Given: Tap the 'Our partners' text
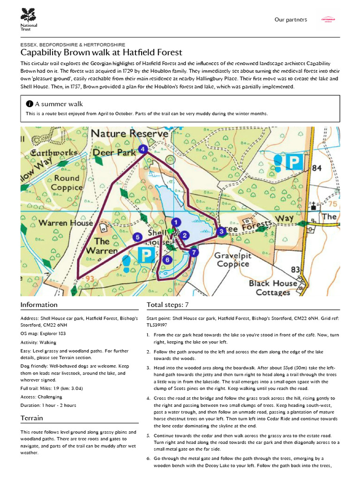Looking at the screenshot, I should tap(291, 20).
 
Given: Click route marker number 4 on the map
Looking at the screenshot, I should tap(143, 150).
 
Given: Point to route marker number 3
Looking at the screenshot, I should tap(221, 231).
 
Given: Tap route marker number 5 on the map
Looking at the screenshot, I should tap(137, 237).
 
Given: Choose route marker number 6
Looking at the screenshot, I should tap(167, 259).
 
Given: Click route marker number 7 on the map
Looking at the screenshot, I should tap(195, 252).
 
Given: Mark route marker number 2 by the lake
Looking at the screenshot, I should tap(185, 235).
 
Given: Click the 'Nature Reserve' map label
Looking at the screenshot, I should tap(129, 134).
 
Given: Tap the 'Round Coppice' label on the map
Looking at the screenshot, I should tap(67, 182).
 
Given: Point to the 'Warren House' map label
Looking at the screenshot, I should tap(65, 223).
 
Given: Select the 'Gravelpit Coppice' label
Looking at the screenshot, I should tap(232, 260).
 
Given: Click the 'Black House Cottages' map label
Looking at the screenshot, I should tap(273, 288).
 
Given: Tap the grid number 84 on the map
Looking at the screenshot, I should tap(317, 168).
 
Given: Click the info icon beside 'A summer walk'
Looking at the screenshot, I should tap(30, 104).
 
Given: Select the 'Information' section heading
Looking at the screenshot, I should tap(39, 305).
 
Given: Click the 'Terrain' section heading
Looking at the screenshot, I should tap(32, 418).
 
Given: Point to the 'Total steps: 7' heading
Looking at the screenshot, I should tap(167, 305).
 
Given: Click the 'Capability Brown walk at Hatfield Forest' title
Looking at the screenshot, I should tap(101, 52).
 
